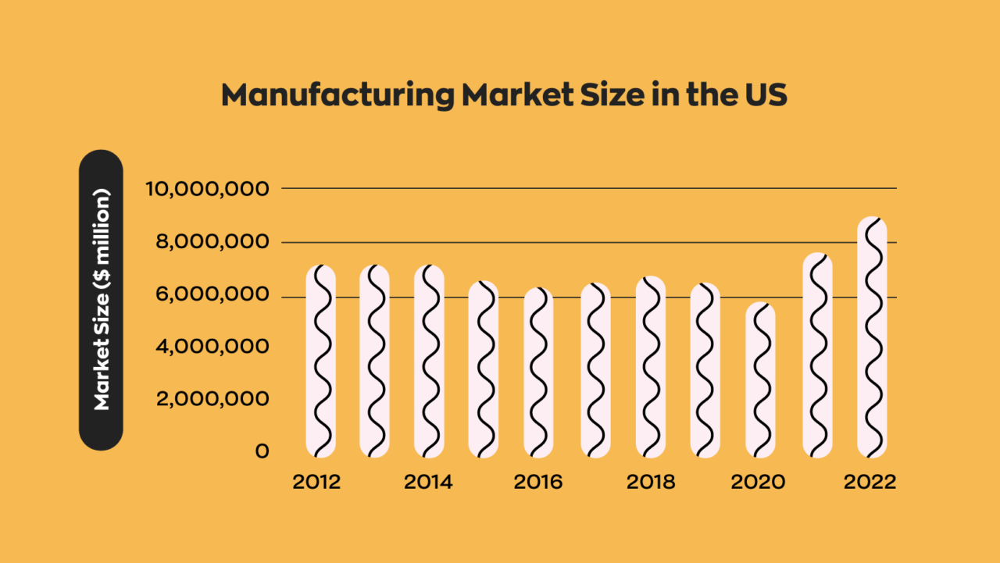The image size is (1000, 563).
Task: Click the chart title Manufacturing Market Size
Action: [503, 95]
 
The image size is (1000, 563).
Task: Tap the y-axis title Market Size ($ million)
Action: [101, 300]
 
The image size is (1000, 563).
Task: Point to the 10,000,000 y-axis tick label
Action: [207, 189]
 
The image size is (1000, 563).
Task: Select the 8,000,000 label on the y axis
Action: [207, 242]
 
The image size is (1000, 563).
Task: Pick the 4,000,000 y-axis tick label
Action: [207, 347]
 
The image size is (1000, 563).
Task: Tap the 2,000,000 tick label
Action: [207, 399]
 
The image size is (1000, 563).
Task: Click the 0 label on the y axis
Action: [262, 451]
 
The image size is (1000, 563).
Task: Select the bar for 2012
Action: [320, 361]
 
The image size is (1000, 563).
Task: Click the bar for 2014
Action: [429, 361]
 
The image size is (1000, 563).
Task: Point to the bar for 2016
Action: [538, 372]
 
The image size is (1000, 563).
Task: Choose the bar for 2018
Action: [650, 367]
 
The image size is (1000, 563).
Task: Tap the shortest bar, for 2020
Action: [760, 379]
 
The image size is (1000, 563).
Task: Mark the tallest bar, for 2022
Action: [872, 337]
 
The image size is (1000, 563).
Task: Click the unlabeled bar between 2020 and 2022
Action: [817, 355]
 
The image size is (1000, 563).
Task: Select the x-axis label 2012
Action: [316, 482]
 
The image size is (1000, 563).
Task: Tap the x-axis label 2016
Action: [537, 482]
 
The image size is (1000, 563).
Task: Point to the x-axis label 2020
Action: [758, 482]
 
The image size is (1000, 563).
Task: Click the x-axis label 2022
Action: [870, 482]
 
